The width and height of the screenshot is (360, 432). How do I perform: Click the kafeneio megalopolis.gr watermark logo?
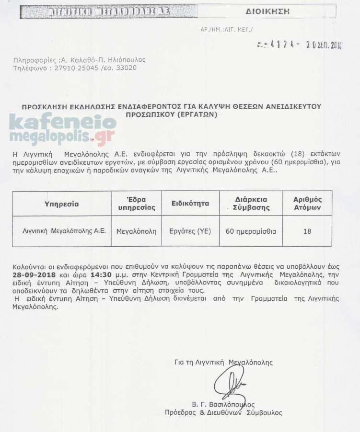[x=62, y=129]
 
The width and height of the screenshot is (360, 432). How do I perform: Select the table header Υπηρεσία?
[x=61, y=204]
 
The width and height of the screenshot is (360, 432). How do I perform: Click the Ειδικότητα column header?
[x=190, y=204]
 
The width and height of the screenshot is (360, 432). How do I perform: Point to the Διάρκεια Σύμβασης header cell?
[x=251, y=204]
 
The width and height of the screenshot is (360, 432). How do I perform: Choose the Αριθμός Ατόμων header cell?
[x=307, y=204]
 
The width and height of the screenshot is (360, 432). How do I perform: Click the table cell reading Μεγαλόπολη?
[x=137, y=230]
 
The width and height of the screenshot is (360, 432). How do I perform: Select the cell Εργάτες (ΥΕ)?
[x=190, y=230]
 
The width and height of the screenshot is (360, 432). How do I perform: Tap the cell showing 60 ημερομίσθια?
[x=251, y=230]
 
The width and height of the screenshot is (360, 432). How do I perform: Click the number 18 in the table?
[x=307, y=231]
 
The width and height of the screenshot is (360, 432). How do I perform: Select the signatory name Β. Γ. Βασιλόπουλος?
[x=223, y=404]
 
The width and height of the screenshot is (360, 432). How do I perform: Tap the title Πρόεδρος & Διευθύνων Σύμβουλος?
[x=223, y=412]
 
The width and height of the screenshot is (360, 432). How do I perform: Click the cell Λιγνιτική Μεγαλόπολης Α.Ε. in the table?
[x=64, y=230]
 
